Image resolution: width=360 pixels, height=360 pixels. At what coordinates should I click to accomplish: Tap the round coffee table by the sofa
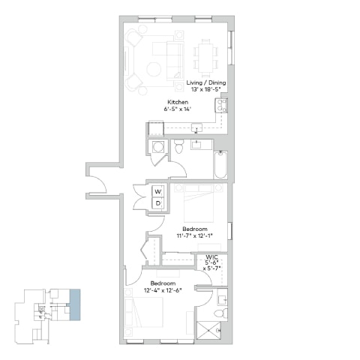click(154, 69)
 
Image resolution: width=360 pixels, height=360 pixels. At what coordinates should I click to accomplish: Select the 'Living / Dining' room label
click(205, 82)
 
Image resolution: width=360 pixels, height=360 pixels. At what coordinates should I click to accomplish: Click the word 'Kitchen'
click(178, 101)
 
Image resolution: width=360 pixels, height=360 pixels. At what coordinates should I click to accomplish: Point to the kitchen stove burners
click(223, 107)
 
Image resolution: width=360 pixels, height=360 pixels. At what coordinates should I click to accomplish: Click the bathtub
click(220, 164)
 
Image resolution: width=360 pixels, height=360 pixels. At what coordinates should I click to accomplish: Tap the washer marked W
click(158, 192)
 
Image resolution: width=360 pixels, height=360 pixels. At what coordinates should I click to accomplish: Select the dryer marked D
click(158, 202)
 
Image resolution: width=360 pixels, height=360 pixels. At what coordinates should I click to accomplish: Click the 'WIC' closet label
click(212, 257)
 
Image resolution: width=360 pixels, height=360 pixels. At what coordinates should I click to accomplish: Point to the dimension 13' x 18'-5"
click(205, 90)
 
